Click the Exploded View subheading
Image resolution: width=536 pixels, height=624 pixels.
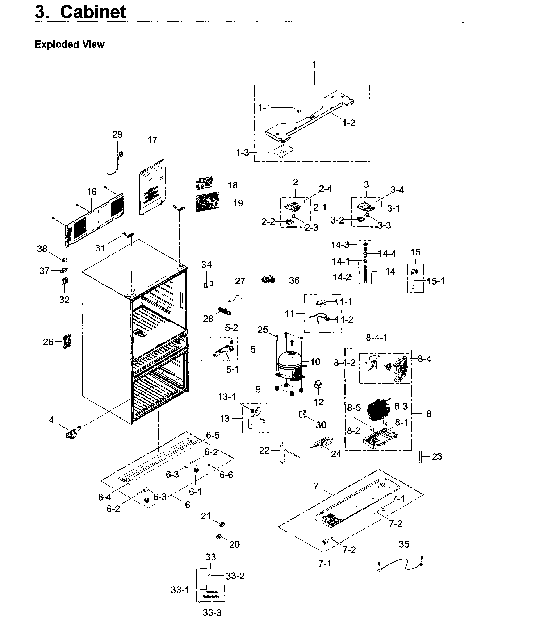(70, 44)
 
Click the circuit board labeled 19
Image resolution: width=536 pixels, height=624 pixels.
(207, 202)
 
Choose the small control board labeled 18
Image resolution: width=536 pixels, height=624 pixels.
(205, 183)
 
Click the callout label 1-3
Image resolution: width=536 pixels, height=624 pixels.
(243, 153)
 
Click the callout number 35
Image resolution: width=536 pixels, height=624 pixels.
(404, 544)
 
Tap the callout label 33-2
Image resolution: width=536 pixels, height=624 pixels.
(235, 576)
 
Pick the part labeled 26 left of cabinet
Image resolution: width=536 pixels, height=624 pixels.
(67, 342)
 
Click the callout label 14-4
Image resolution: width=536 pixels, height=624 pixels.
(387, 254)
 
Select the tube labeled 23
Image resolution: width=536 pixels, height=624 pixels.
(420, 455)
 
